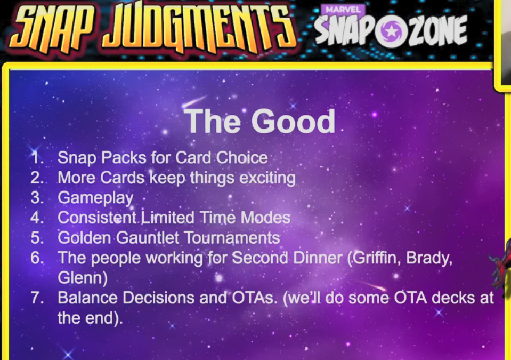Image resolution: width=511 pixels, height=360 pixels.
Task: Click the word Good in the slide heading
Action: (293, 121)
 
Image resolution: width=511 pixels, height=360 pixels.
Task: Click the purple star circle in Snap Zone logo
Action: (390, 30)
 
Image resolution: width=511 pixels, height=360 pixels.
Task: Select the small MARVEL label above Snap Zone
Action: (343, 10)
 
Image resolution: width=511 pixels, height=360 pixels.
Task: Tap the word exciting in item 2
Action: (267, 179)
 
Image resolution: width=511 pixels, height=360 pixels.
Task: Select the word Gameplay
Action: (95, 198)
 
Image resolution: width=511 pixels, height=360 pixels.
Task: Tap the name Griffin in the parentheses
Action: (376, 258)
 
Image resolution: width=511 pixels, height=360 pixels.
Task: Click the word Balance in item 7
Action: (87, 298)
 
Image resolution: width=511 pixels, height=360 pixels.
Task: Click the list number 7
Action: (37, 298)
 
